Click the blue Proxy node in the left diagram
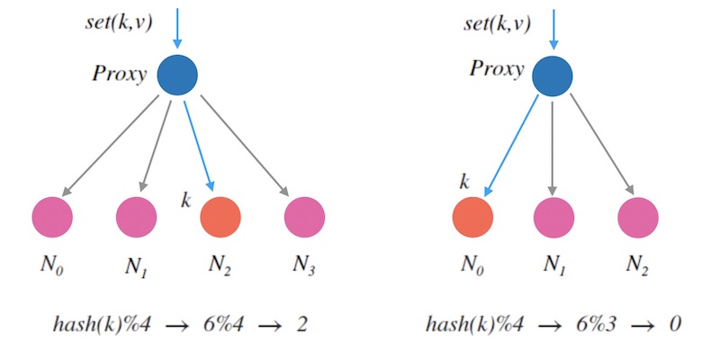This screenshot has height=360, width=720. coord(177,75)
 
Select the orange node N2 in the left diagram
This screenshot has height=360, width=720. coord(220,217)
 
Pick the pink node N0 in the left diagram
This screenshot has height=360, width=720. coord(52,217)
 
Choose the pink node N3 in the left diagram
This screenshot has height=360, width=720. coord(304,217)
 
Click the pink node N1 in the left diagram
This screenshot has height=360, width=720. coord(136,217)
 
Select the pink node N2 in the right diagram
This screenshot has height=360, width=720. coord(638,217)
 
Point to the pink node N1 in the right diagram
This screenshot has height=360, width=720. coord(553,217)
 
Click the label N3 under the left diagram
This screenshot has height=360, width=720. coord(304,265)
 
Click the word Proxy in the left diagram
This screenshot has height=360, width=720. coord(119,74)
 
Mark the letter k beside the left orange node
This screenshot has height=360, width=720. coord(186,200)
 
